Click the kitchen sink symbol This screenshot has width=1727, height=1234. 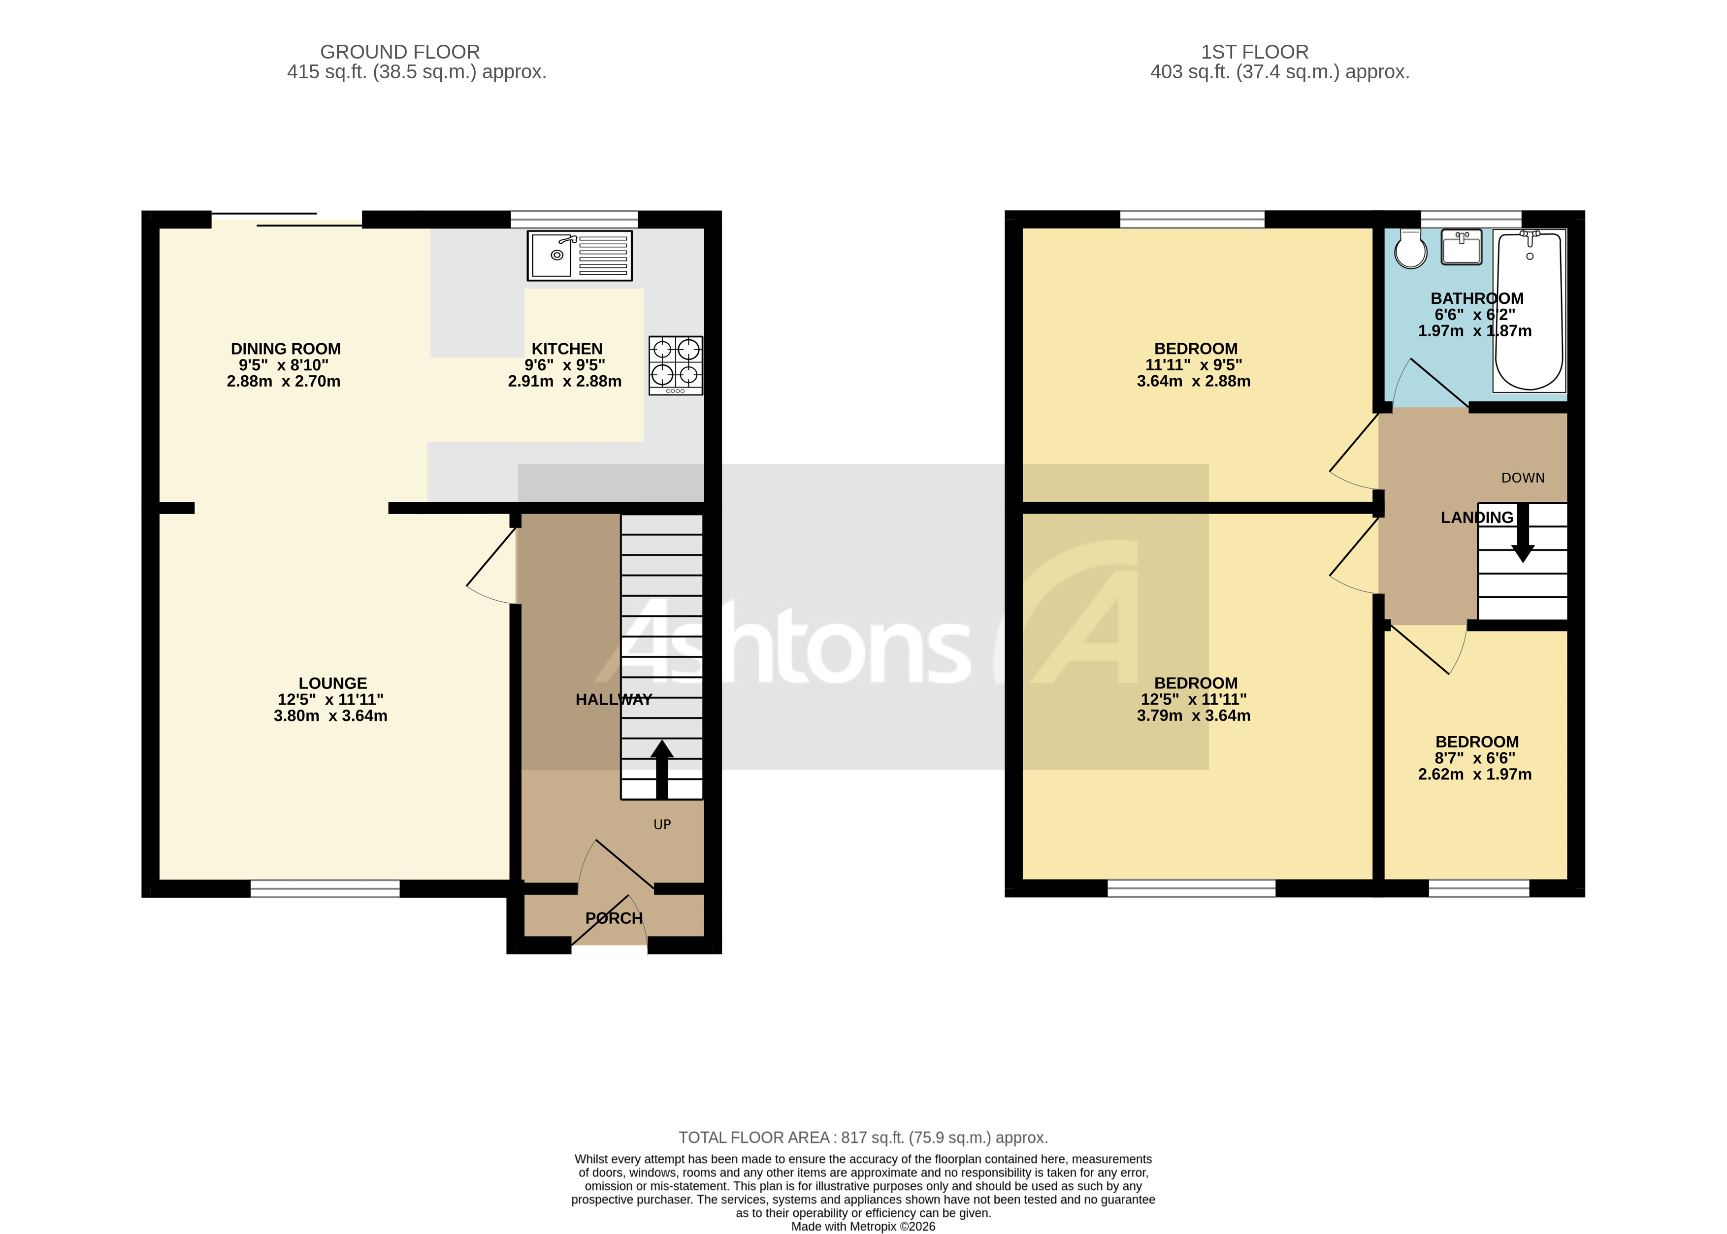pos(580,255)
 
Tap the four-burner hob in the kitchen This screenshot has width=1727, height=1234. pos(675,365)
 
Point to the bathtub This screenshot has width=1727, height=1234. pos(1529,312)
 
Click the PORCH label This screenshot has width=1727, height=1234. pos(614,918)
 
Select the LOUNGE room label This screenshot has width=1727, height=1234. pos(332,683)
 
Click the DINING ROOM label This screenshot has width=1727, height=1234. pos(286,349)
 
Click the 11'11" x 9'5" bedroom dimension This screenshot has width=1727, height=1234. pos(1194,365)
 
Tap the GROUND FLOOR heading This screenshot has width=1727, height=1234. pos(400,52)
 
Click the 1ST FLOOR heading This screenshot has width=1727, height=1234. pos(1254,52)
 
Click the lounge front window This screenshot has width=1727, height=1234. pos(325,888)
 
